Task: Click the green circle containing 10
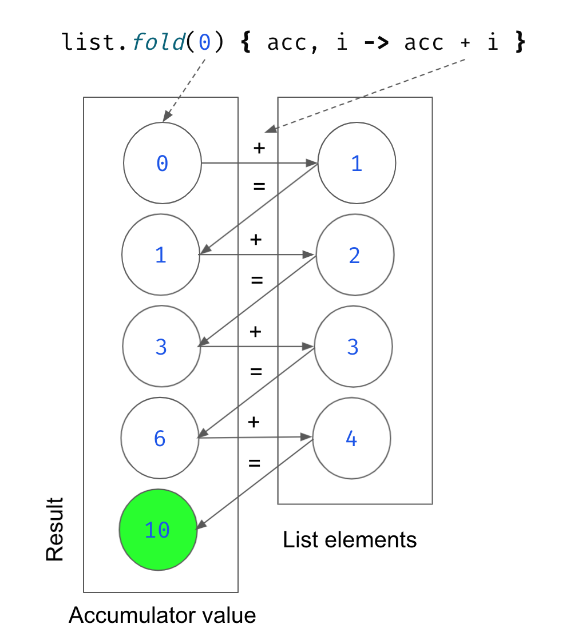pos(158,530)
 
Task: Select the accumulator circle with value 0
pos(163,164)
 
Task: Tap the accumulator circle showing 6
pos(160,439)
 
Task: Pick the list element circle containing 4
pos(351,439)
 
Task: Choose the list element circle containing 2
pos(355,255)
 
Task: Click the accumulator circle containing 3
pos(161,347)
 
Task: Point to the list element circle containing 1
pos(357,164)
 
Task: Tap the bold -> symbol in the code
pos(378,43)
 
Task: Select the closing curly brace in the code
pos(519,43)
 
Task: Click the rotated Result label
pos(55,530)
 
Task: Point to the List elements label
pos(350,539)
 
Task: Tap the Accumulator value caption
pos(162,615)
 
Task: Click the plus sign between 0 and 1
pos(259,148)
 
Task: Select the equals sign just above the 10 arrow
pos(255,463)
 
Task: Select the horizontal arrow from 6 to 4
pos(255,438)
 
